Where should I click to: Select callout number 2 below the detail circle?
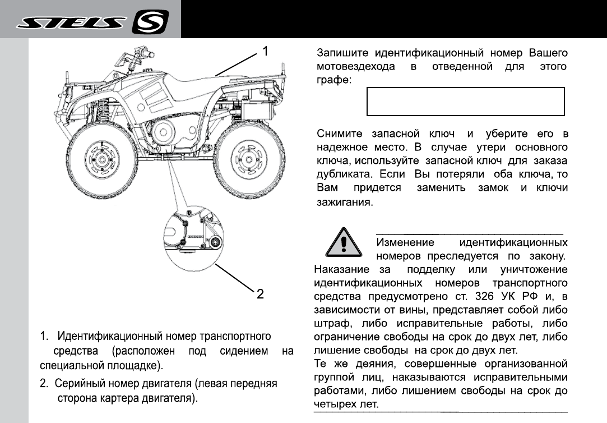click(x=260, y=293)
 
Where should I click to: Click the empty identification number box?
click(x=465, y=102)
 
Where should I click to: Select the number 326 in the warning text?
click(x=484, y=296)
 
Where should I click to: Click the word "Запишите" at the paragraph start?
click(x=342, y=54)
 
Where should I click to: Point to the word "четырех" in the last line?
click(x=337, y=404)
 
